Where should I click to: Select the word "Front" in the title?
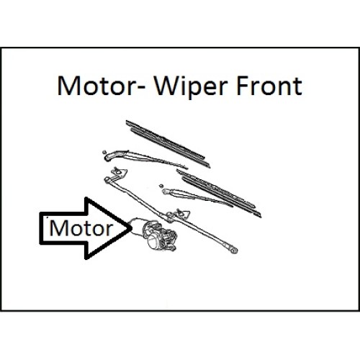[x=269, y=86]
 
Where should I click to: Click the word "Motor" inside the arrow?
[x=81, y=228]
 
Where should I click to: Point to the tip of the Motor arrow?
[x=132, y=228]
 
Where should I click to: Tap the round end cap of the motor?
[x=153, y=242]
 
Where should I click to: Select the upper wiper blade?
[x=168, y=144]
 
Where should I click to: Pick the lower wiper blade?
[x=219, y=193]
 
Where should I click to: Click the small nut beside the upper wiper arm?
[x=104, y=152]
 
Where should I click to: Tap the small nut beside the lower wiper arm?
[x=161, y=186]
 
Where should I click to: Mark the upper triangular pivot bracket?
[x=120, y=172]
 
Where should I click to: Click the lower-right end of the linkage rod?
[x=234, y=251]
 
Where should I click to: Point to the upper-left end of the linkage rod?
[x=107, y=179]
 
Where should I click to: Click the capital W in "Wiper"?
[x=167, y=86]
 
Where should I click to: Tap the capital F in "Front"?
[x=243, y=86]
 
